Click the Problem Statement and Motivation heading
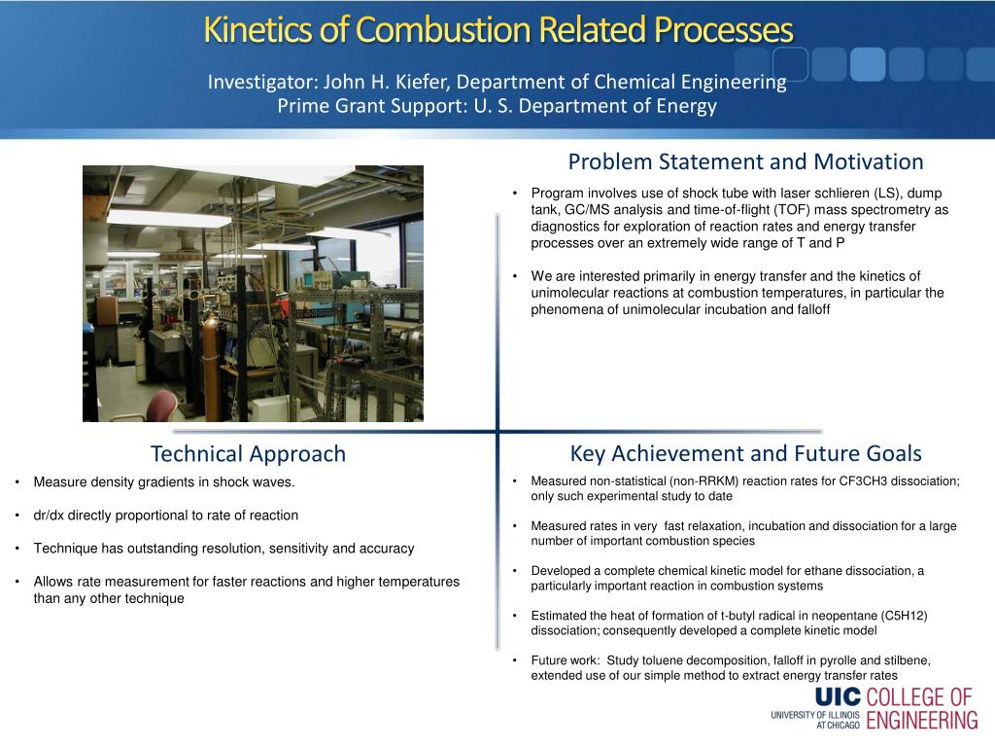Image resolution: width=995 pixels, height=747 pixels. (745, 161)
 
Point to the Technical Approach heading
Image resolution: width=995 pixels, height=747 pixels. (248, 454)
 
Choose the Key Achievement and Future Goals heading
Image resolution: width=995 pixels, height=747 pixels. (745, 453)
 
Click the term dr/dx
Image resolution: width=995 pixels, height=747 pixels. (49, 516)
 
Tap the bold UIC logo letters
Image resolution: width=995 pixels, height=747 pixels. (838, 697)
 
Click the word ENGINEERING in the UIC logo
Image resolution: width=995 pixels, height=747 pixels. (922, 721)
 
